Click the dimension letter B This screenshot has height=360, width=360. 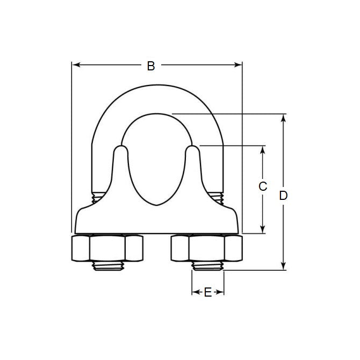pyautogui.click(x=151, y=66)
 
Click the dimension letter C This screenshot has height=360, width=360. pyautogui.click(x=263, y=186)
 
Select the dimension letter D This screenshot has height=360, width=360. pyautogui.click(x=283, y=196)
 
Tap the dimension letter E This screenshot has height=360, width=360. pyautogui.click(x=207, y=292)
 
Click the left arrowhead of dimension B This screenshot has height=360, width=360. pyautogui.click(x=75, y=65)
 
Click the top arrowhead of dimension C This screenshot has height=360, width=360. pyautogui.click(x=263, y=149)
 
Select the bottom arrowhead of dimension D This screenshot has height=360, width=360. pyautogui.click(x=283, y=267)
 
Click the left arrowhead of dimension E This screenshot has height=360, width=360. pyautogui.click(x=194, y=292)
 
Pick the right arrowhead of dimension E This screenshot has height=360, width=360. pyautogui.click(x=221, y=292)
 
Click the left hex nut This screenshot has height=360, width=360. pyautogui.click(x=107, y=248)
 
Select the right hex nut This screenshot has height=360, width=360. pyautogui.click(x=207, y=248)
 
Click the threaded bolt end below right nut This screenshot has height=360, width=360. pyautogui.click(x=207, y=266)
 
